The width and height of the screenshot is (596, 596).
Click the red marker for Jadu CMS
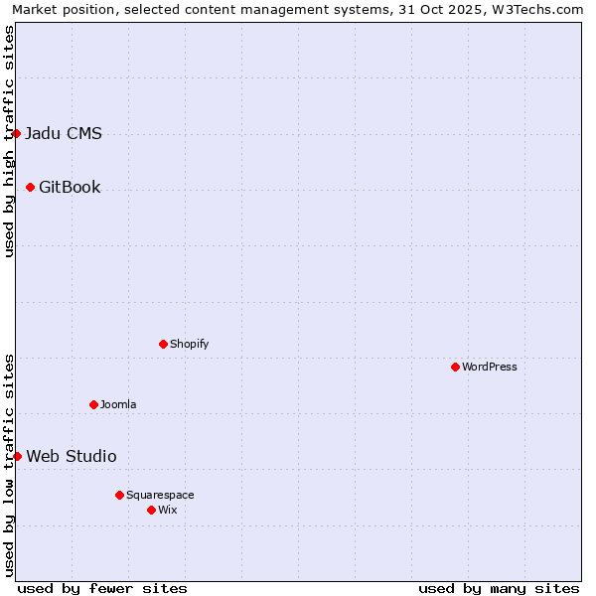click(x=16, y=133)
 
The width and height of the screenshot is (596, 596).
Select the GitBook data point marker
click(x=30, y=187)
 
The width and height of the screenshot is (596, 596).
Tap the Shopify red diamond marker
click(x=163, y=344)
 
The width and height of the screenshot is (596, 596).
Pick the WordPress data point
click(x=455, y=367)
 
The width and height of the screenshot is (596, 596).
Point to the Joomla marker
click(x=93, y=404)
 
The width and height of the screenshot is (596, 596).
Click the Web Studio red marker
click(x=17, y=456)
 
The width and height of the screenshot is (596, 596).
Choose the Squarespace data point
click(x=119, y=495)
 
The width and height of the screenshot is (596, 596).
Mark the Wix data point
click(x=151, y=510)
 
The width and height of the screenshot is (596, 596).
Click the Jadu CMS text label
click(x=64, y=134)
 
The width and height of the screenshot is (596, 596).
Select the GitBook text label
click(x=70, y=188)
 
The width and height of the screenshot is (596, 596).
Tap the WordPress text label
click(x=490, y=368)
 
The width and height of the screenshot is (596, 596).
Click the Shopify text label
click(x=190, y=345)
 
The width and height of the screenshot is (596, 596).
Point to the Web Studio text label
click(x=72, y=457)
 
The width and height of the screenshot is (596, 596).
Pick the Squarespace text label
click(x=160, y=496)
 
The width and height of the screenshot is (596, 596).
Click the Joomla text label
click(x=118, y=405)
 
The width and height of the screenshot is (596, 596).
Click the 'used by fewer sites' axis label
click(x=102, y=588)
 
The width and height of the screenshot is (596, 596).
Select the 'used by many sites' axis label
click(x=499, y=588)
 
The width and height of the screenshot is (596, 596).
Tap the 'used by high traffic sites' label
click(x=9, y=141)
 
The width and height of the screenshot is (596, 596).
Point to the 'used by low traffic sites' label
click(x=9, y=464)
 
